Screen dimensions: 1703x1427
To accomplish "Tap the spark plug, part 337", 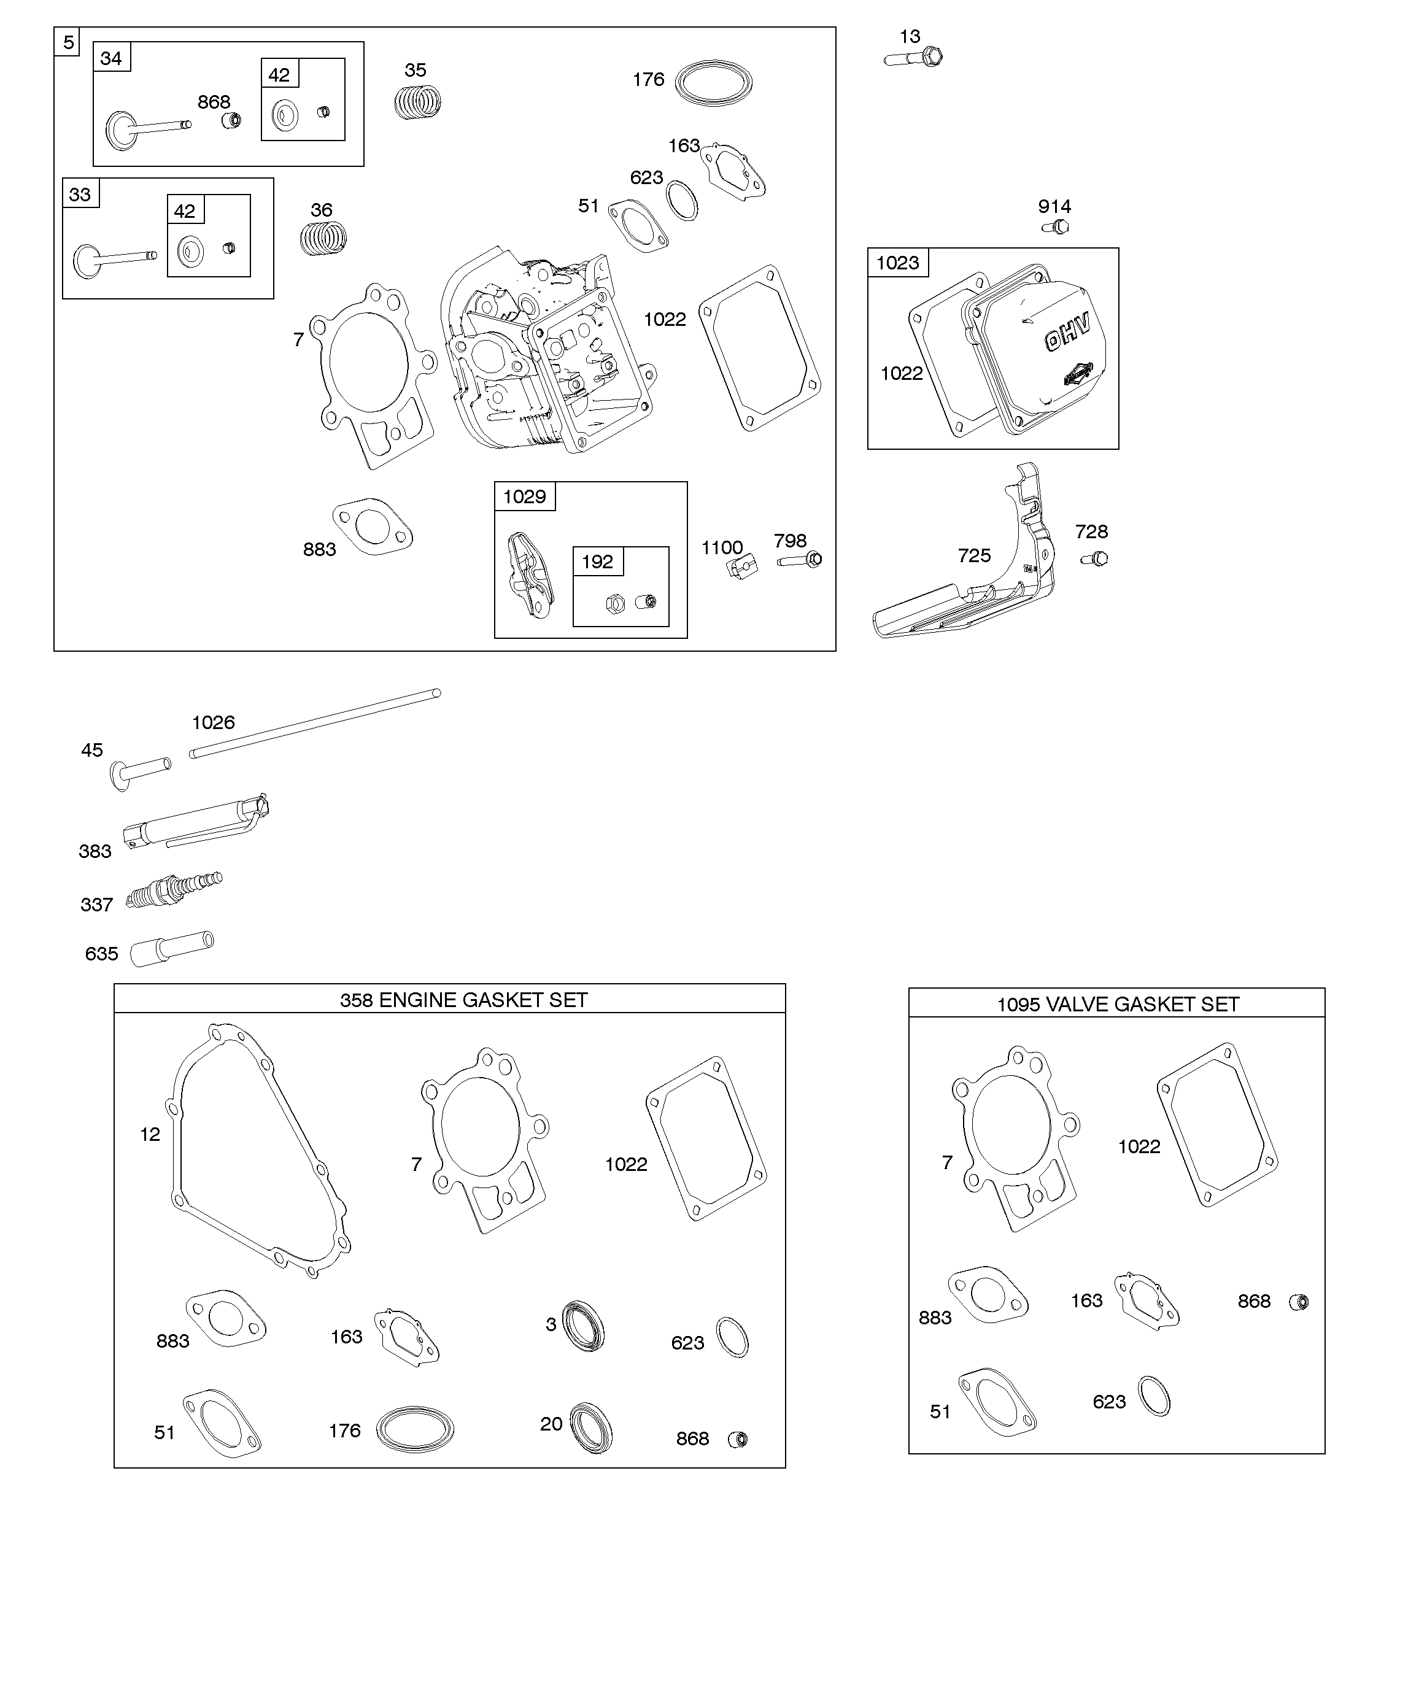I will pyautogui.click(x=174, y=890).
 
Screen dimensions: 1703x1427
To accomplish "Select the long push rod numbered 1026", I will pyautogui.click(x=315, y=724).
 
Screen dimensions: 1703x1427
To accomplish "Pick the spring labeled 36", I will pyautogui.click(x=323, y=238).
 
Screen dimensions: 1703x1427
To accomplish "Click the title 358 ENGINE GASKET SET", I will pyautogui.click(x=463, y=1000).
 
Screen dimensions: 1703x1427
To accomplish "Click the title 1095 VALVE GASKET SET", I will pyautogui.click(x=1117, y=1005).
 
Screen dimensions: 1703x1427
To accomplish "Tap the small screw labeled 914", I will pyautogui.click(x=1056, y=228).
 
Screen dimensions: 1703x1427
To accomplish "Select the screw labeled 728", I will pyautogui.click(x=1095, y=558).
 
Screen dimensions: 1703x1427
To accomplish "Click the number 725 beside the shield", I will pyautogui.click(x=974, y=555).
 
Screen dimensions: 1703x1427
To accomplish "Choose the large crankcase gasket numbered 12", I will pyautogui.click(x=260, y=1151).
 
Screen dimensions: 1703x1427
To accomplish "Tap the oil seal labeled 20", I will pyautogui.click(x=590, y=1427).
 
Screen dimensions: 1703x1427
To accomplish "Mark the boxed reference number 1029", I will pyautogui.click(x=525, y=497).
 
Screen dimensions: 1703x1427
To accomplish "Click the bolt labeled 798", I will pyautogui.click(x=800, y=560).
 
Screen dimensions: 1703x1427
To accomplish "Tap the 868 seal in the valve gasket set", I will pyautogui.click(x=1298, y=1302).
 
